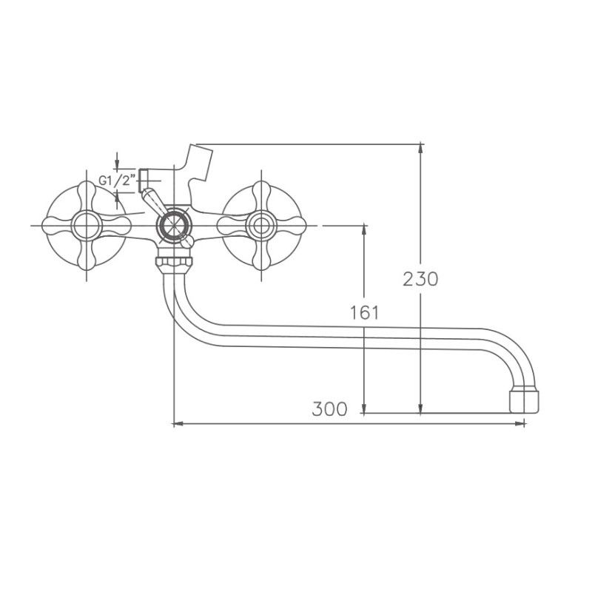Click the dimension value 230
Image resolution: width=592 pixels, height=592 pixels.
pos(421,279)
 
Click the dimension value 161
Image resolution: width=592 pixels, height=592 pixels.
pos(364,312)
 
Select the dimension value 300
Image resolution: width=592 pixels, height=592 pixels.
pos(329,409)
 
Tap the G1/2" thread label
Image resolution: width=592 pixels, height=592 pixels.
pos(116,180)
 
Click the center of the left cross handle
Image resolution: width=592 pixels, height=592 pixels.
pos(88,223)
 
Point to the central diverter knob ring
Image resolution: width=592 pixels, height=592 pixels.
pos(174,223)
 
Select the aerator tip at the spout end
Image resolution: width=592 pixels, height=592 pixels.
pos(525,400)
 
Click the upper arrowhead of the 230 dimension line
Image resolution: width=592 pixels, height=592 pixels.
pos(421,148)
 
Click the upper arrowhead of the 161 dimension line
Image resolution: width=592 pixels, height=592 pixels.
pos(364,229)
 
